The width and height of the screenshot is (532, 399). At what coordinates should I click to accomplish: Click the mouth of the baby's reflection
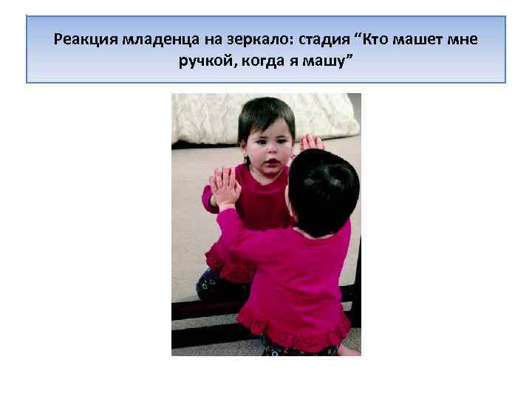pyautogui.click(x=272, y=161)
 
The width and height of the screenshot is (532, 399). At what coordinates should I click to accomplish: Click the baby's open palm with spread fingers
pyautogui.click(x=225, y=185)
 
